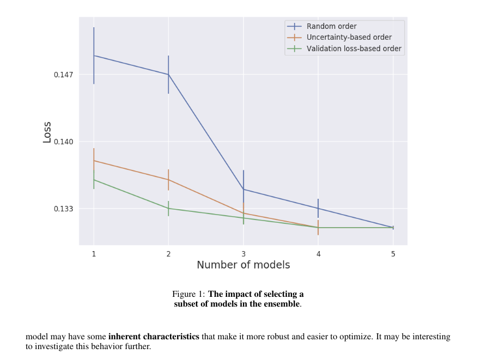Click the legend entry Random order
click(x=331, y=26)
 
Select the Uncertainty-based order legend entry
click(x=349, y=38)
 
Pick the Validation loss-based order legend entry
click(x=354, y=48)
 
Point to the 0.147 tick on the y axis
click(x=64, y=75)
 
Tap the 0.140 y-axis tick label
click(x=64, y=142)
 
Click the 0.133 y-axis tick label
click(x=64, y=209)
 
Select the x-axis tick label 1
click(x=94, y=254)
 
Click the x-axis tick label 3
click(x=243, y=254)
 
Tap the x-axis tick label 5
click(x=393, y=254)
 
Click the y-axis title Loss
click(x=47, y=132)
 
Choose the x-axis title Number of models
click(x=243, y=265)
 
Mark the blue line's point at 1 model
click(x=94, y=56)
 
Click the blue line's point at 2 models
click(x=168, y=75)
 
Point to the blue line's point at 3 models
click(x=243, y=190)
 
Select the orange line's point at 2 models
click(x=168, y=180)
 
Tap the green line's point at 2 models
click(x=168, y=209)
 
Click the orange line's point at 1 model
click(x=94, y=161)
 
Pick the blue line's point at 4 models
click(x=318, y=209)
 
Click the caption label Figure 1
click(x=188, y=294)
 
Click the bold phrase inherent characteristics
click(x=154, y=337)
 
